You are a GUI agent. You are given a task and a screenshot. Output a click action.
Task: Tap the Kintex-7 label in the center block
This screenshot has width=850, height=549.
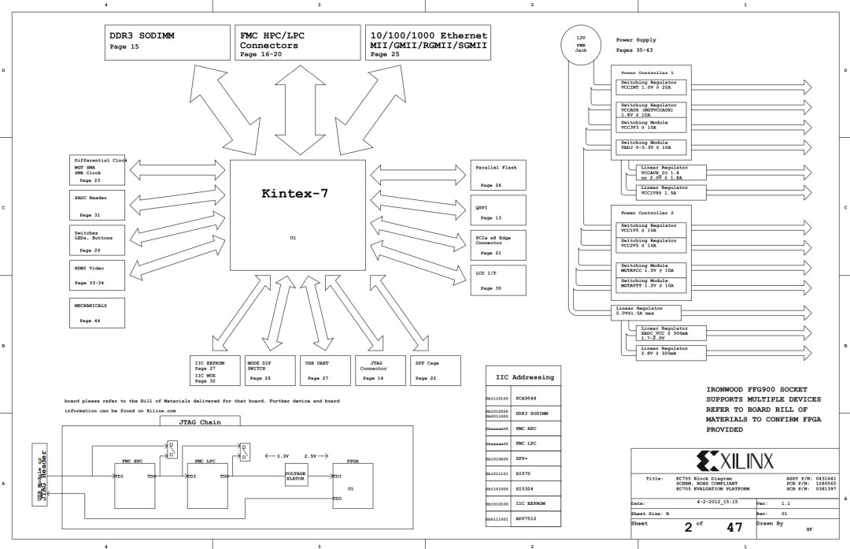[x=295, y=193]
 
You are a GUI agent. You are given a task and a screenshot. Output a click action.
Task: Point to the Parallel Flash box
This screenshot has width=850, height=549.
[x=499, y=175]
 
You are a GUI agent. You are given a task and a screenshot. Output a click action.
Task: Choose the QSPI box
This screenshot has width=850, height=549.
[x=499, y=212]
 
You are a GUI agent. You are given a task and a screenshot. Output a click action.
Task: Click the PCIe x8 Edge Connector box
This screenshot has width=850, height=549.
[x=499, y=244]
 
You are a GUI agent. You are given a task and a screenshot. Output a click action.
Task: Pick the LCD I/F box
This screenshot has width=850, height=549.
[x=499, y=280]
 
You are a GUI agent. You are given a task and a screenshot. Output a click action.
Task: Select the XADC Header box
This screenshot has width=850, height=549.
[x=98, y=206]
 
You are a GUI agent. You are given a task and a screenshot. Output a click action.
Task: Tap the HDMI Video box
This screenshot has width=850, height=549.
[x=98, y=275]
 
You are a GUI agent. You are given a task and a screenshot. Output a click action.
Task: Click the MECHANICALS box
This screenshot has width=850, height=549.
[x=98, y=313]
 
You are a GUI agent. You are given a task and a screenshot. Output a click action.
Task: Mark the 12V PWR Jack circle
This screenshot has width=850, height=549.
[x=581, y=44]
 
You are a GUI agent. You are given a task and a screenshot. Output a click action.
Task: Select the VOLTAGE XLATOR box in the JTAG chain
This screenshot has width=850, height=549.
[x=296, y=475]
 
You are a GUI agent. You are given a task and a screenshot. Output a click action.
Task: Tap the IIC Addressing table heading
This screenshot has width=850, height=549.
[x=524, y=377]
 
